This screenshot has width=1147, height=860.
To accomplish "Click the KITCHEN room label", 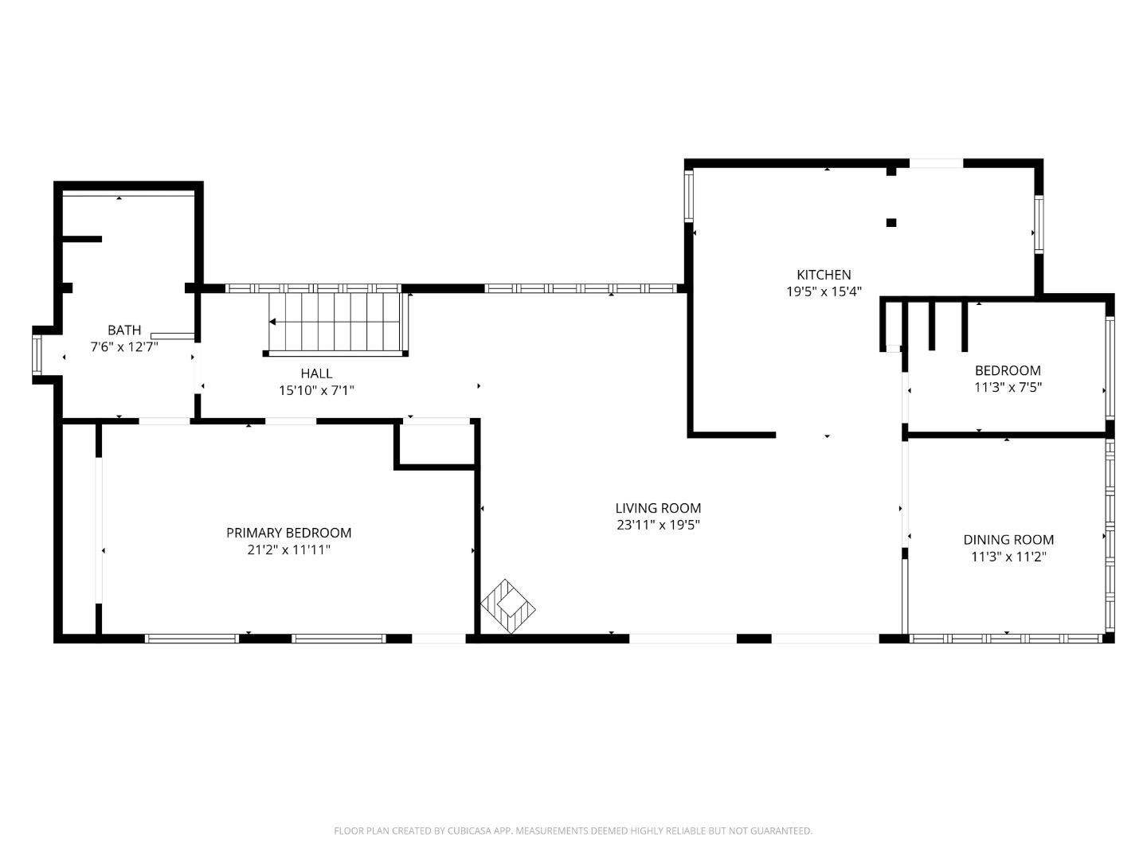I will click(824, 275).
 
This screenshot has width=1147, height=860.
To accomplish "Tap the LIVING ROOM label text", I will click(658, 508).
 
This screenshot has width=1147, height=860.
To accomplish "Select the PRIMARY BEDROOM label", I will click(288, 533).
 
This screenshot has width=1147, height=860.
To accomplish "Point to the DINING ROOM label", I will click(1008, 540).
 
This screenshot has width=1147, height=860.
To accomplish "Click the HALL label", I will click(316, 373).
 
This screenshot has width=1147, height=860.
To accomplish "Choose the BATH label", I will click(124, 330).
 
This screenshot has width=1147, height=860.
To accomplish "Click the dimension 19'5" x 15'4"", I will click(824, 292).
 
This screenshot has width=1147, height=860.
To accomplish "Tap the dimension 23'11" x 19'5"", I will click(658, 526).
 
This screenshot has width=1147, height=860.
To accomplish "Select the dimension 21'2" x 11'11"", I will click(288, 550).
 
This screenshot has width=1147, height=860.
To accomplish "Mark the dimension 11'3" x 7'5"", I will click(1008, 388).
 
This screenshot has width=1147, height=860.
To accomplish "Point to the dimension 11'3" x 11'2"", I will click(1008, 557).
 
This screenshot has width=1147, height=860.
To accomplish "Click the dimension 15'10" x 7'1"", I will click(316, 391).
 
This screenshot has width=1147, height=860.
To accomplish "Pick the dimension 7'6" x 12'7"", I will click(124, 347).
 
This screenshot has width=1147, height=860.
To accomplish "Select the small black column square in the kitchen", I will click(891, 223).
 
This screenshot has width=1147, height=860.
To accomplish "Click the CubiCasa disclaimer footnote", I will click(573, 831).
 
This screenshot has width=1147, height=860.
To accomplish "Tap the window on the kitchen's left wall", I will click(689, 196).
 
